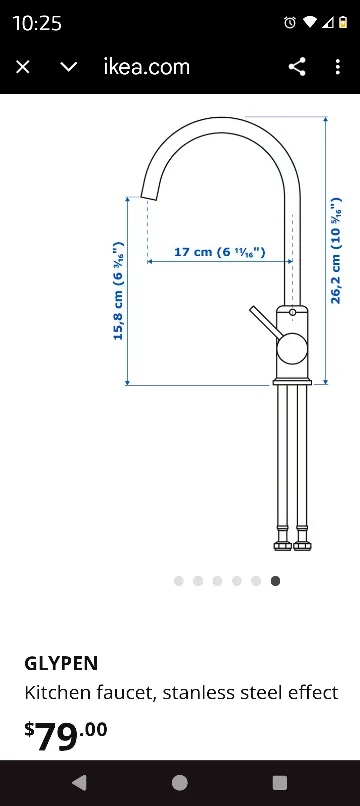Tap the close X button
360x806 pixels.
pyautogui.click(x=23, y=67)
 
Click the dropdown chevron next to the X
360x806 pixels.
pyautogui.click(x=69, y=67)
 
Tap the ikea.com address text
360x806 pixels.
pyautogui.click(x=146, y=67)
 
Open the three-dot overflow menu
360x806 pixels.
pyautogui.click(x=338, y=67)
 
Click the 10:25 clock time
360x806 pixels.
pyautogui.click(x=37, y=23)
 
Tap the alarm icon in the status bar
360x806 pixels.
pyautogui.click(x=290, y=23)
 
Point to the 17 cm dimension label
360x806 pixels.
pyautogui.click(x=219, y=252)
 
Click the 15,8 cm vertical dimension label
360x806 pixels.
pyautogui.click(x=118, y=290)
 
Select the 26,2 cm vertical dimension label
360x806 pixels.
pyautogui.click(x=336, y=250)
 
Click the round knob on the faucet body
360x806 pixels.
pyautogui.click(x=291, y=348)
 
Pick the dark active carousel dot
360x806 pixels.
pyautogui.click(x=275, y=580)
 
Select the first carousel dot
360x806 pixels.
pyautogui.click(x=178, y=580)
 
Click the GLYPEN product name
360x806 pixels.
pyautogui.click(x=61, y=663)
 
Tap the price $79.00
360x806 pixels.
pyautogui.click(x=66, y=736)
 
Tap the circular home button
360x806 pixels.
pyautogui.click(x=180, y=783)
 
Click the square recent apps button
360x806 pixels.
pyautogui.click(x=280, y=783)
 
